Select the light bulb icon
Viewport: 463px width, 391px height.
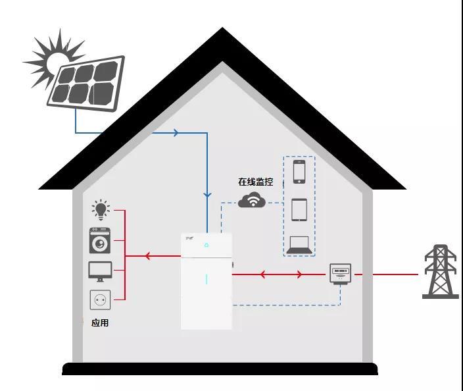pos(100,210)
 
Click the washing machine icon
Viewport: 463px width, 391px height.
pos(100,240)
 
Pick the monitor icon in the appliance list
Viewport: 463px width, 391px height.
pos(100,270)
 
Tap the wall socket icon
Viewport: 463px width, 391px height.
pos(100,300)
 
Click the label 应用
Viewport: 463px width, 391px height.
pos(100,323)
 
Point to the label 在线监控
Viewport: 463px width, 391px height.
pos(255,182)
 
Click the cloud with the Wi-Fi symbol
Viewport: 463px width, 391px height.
pos(252,201)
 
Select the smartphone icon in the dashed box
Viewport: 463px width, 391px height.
pos(299,172)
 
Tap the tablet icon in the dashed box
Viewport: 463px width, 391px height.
pos(299,209)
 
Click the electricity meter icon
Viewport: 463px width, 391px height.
pos(340,273)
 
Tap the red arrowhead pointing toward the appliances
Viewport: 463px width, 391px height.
pos(149,256)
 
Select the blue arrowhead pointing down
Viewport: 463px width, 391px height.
pos(207,195)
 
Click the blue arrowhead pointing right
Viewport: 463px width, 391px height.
pos(176,133)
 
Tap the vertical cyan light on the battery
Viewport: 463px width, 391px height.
pos(207,279)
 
